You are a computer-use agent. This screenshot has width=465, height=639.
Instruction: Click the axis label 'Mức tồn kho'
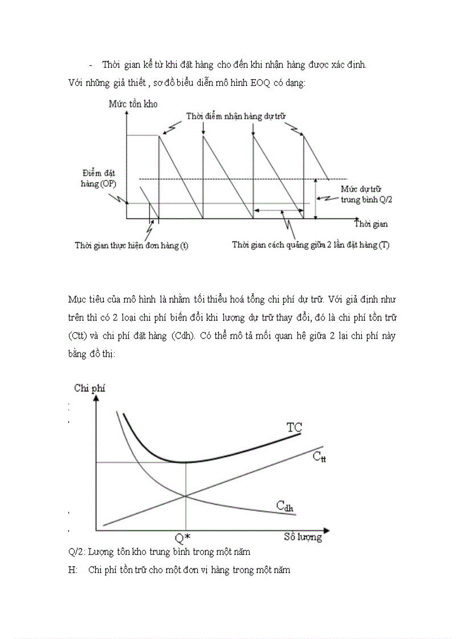[133, 104]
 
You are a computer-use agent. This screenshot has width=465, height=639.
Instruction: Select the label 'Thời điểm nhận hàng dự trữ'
[235, 116]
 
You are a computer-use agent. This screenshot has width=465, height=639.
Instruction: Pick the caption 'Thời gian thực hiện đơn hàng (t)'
[132, 245]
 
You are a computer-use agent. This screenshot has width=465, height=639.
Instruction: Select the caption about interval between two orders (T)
[311, 245]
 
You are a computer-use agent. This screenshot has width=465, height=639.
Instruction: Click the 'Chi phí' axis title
[89, 388]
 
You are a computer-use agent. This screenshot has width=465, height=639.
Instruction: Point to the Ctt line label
[319, 456]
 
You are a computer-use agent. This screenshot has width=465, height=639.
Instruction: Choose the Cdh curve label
[285, 505]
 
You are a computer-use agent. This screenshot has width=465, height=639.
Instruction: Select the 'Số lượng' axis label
[303, 537]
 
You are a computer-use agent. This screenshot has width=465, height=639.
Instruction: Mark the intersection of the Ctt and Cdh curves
[185, 496]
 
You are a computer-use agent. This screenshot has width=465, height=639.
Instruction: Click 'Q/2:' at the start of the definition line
[76, 551]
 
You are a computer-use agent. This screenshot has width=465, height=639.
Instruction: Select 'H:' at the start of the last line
[72, 570]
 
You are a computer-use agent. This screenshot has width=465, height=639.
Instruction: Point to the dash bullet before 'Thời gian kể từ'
[91, 65]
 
